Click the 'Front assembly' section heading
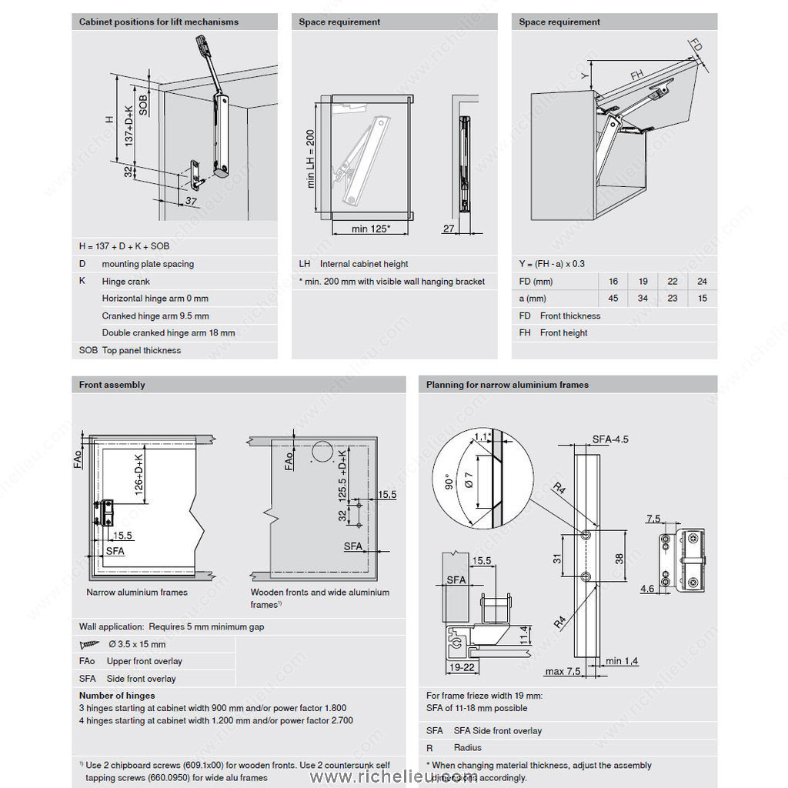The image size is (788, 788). coord(112,385)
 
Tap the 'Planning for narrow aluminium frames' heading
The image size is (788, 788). coord(507,385)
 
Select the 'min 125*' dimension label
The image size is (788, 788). coord(370,229)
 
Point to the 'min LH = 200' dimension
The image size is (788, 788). coord(311,159)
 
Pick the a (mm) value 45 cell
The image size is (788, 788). coord(613,299)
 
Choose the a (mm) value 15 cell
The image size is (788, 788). coord(702,299)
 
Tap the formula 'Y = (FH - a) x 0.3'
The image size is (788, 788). coord(552,264)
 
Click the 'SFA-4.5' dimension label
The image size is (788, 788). coord(610,439)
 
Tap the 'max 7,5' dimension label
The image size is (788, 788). coord(563,672)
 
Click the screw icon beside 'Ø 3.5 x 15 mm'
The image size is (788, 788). coord(90,644)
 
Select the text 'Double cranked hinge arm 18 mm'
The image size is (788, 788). coord(169,333)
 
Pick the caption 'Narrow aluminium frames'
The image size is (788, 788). coord(137,593)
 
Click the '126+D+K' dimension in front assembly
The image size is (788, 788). coord(140,476)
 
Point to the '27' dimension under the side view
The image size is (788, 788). coord(449,229)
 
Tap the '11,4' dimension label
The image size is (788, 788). coord(523,634)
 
